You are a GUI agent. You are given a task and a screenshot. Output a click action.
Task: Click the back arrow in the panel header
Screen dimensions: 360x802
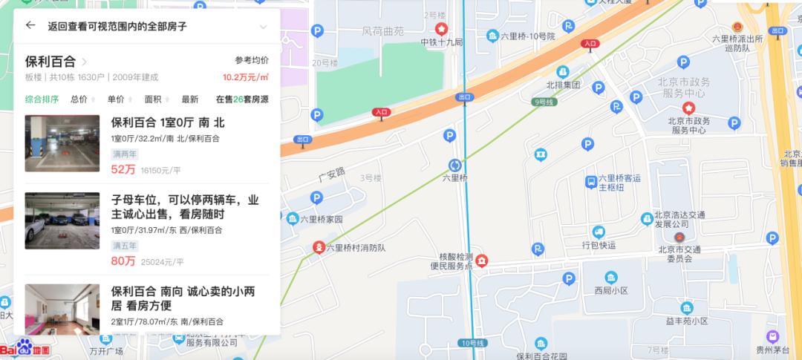coord(30,25)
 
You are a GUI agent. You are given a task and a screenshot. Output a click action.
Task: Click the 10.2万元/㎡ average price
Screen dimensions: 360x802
coord(245,76)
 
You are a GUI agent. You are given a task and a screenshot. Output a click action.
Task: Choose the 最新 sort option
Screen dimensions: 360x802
coord(189,99)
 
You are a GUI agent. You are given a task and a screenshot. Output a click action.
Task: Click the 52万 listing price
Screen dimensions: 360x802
coord(123,169)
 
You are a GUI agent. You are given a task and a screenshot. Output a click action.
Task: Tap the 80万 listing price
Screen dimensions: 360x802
coord(123,261)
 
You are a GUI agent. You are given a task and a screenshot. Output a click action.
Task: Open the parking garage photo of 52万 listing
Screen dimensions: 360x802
coord(62,143)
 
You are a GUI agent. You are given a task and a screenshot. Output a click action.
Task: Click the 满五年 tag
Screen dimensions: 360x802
coord(125,245)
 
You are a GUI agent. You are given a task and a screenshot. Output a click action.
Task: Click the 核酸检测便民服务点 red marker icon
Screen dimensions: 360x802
coord(482,260)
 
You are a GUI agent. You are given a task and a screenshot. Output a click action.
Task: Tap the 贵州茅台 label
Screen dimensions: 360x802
coord(773,351)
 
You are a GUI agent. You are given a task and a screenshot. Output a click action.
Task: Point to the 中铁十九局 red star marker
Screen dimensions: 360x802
coord(441,30)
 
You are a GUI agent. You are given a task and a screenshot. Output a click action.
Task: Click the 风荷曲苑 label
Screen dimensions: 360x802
coord(382,32)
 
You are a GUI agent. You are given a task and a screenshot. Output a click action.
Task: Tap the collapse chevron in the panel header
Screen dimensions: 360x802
coord(263,27)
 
